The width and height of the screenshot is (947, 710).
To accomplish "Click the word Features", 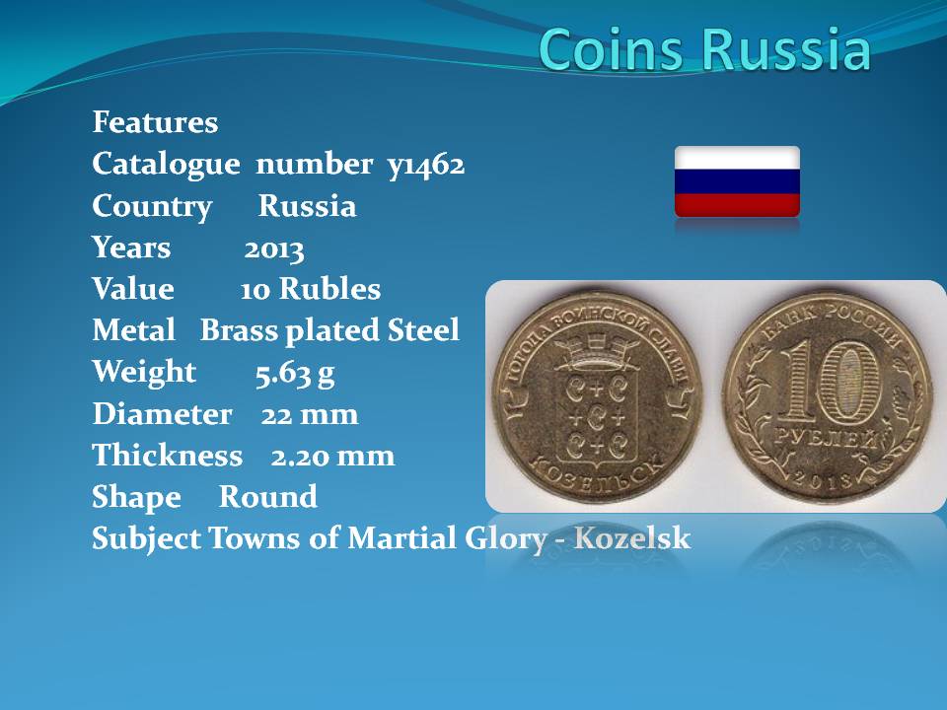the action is pos(155,122).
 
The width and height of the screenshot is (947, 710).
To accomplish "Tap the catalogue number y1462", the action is pos(426,165).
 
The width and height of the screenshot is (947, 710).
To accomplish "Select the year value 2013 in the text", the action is pos(274,248).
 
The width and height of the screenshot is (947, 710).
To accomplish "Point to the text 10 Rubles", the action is pos(311,289).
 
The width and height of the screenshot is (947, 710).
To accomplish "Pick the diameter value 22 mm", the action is pos(310,415).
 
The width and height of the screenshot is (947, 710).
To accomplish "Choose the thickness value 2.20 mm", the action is pos(332,457).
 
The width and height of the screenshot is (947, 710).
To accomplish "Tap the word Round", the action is pos(268,497).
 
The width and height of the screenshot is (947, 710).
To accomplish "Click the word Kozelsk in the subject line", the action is pos(631,538).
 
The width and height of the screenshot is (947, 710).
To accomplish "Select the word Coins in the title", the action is pos(611,49).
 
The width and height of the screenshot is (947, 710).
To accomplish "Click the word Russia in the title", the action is pos(787,49).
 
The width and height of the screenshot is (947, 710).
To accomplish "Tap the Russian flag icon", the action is pos(738,181).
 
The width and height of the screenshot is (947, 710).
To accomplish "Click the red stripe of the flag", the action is pos(738,205).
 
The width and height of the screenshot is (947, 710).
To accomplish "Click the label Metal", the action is pos(134,331).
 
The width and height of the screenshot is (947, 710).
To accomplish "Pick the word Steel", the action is pos(423,331).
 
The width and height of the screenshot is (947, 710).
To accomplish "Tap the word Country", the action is pos(152,207).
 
